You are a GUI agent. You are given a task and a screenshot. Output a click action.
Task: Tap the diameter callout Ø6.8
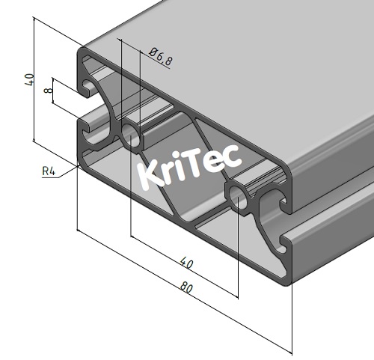point(160,58)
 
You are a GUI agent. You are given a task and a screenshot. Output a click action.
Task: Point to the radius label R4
point(49,172)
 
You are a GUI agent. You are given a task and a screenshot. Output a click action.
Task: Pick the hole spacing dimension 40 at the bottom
point(186,263)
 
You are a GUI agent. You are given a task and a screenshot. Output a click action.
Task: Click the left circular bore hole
point(132,136)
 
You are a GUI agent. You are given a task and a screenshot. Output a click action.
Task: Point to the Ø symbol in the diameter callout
point(153,53)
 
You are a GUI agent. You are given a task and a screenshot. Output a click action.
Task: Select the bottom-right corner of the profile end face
point(288,282)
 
